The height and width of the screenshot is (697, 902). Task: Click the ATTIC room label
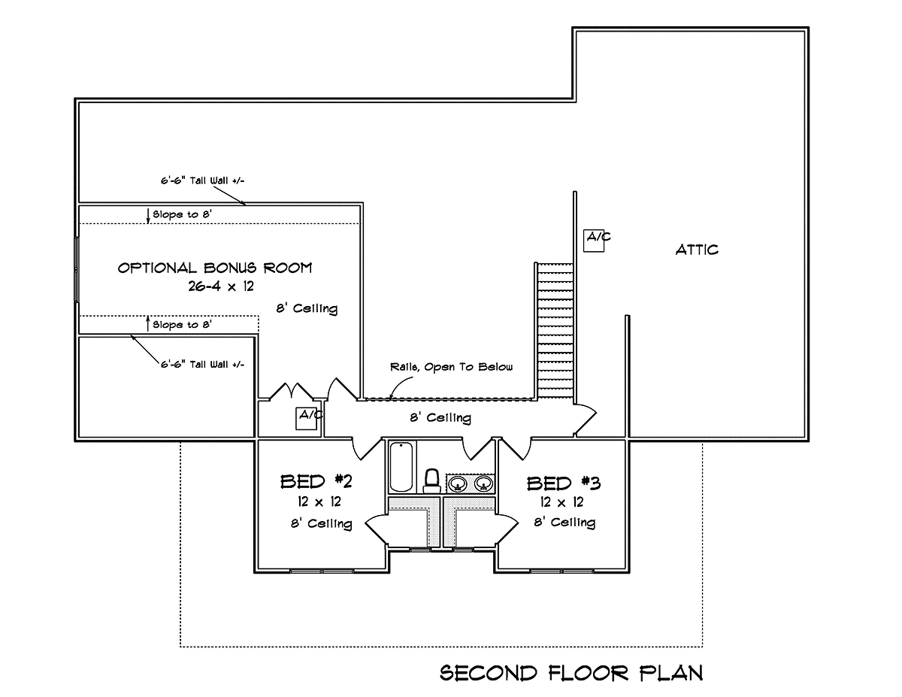(x=696, y=250)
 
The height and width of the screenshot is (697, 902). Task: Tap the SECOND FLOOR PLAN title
(x=571, y=672)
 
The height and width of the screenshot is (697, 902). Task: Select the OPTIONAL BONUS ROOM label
(x=215, y=268)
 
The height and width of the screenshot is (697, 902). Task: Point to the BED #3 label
(x=558, y=483)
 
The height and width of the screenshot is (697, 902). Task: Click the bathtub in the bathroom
(x=401, y=466)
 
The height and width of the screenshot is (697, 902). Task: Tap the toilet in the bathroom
(x=431, y=480)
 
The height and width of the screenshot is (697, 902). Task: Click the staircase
(x=554, y=331)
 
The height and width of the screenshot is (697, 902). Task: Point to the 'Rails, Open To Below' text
(x=451, y=367)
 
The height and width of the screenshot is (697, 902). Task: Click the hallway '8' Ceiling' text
(x=440, y=417)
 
